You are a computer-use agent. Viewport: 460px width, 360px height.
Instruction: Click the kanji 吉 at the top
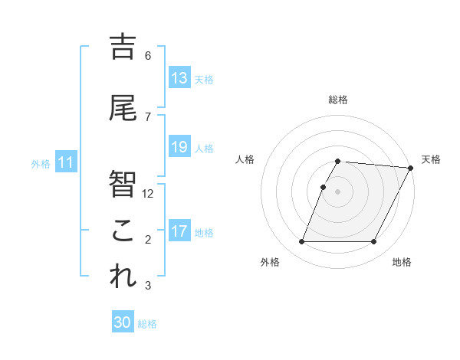coord(123,47)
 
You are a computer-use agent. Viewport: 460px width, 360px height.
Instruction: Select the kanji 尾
coord(123,109)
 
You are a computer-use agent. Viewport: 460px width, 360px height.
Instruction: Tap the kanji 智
coord(123,185)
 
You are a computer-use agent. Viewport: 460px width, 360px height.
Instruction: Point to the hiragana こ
coord(123,231)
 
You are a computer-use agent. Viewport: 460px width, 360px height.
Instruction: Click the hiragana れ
coord(123,277)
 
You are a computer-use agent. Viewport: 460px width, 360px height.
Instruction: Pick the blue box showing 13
coord(179,78)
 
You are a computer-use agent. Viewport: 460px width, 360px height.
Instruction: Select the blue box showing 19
coord(179,147)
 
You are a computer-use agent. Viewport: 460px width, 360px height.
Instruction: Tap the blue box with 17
coord(179,231)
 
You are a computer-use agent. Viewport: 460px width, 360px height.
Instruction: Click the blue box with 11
coord(66,162)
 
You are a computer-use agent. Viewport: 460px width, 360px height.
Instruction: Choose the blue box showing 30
coord(123,322)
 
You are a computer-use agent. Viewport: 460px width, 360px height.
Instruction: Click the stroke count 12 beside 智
coord(149,194)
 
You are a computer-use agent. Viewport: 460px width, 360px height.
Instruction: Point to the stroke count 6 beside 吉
coord(148,56)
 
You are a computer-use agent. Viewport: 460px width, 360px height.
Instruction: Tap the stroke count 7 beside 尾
coord(148,117)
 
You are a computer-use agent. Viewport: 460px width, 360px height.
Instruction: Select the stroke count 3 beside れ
coord(148,286)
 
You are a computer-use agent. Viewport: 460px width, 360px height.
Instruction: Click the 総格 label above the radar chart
coord(338,100)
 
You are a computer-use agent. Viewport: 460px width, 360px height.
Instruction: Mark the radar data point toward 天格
coord(411,168)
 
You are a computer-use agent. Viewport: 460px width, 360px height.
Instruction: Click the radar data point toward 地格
coord(374,242)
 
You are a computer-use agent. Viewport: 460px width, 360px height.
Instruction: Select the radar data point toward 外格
coord(301,242)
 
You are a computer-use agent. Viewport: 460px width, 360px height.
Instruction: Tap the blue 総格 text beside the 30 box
coord(148,324)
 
